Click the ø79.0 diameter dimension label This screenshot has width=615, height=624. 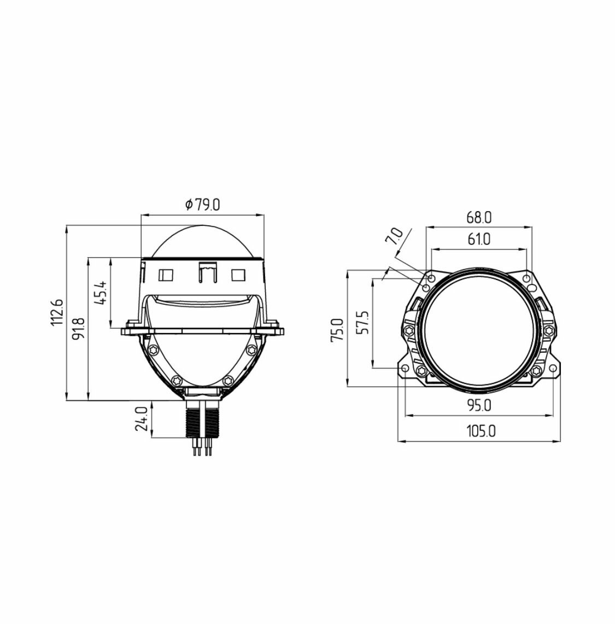point(202,205)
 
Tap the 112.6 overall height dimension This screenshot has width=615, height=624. point(57,312)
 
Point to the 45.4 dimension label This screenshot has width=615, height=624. point(101,293)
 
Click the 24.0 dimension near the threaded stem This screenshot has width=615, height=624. point(141,419)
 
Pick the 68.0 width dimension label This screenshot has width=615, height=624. point(479,218)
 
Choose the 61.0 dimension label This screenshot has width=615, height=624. point(479,239)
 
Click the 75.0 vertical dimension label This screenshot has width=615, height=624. point(337,330)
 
